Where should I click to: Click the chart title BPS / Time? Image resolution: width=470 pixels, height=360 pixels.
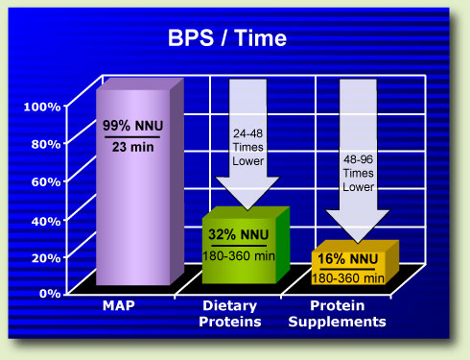pyautogui.click(x=236, y=39)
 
